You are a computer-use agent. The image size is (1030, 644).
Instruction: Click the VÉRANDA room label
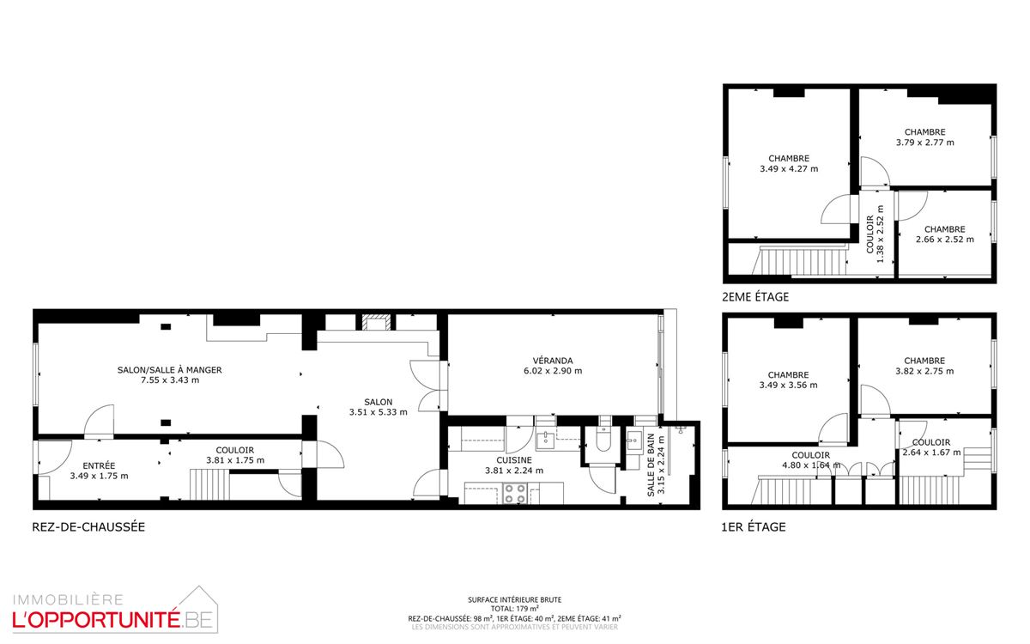(x=553, y=361)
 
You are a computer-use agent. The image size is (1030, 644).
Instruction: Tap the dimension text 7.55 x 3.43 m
(x=170, y=380)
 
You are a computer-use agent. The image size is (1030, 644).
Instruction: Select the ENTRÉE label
(x=99, y=466)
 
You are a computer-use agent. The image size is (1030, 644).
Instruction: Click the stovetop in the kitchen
(x=514, y=493)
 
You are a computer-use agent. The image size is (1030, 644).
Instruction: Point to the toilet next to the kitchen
(x=603, y=440)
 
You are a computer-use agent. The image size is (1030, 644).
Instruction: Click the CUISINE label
(x=514, y=460)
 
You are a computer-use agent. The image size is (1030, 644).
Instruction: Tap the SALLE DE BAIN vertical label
(x=651, y=465)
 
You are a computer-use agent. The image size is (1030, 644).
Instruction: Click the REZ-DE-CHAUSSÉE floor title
(x=88, y=527)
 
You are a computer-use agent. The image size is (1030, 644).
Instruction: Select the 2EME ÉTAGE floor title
(x=755, y=297)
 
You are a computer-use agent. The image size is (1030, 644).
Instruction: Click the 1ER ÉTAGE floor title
(x=754, y=527)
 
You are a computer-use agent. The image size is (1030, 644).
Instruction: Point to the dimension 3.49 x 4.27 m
(x=789, y=169)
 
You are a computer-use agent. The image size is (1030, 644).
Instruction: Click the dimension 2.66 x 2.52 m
(x=945, y=240)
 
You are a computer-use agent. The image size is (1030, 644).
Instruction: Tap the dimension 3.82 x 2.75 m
(x=924, y=371)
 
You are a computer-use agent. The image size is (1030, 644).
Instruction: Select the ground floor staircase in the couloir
(x=209, y=484)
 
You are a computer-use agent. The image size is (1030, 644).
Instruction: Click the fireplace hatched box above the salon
(x=377, y=323)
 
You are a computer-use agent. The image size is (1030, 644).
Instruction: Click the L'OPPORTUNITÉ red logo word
(x=95, y=620)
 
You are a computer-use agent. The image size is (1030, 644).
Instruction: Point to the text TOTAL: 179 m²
(x=514, y=609)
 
